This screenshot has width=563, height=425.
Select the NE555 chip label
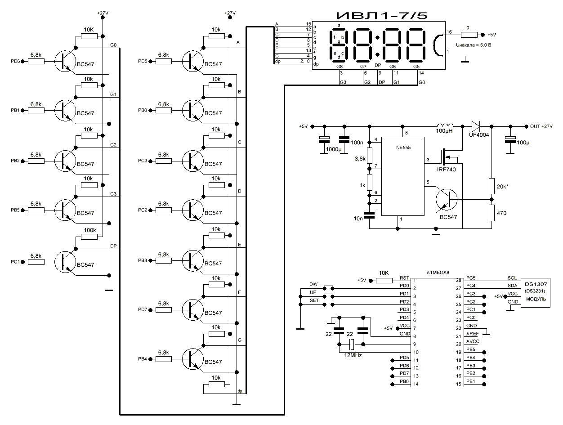(403, 147)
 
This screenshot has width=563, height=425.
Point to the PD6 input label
(15, 61)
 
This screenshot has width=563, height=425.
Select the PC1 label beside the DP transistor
(15, 261)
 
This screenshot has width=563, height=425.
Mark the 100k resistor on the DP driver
(89, 230)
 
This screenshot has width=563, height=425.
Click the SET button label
(314, 300)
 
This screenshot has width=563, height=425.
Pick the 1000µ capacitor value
(333, 148)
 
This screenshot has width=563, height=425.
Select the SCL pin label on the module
(512, 278)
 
